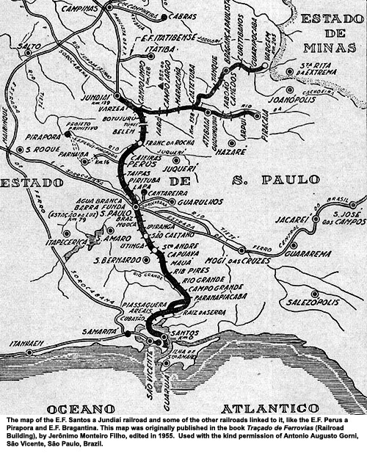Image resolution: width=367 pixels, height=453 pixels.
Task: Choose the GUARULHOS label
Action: [x=197, y=199]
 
